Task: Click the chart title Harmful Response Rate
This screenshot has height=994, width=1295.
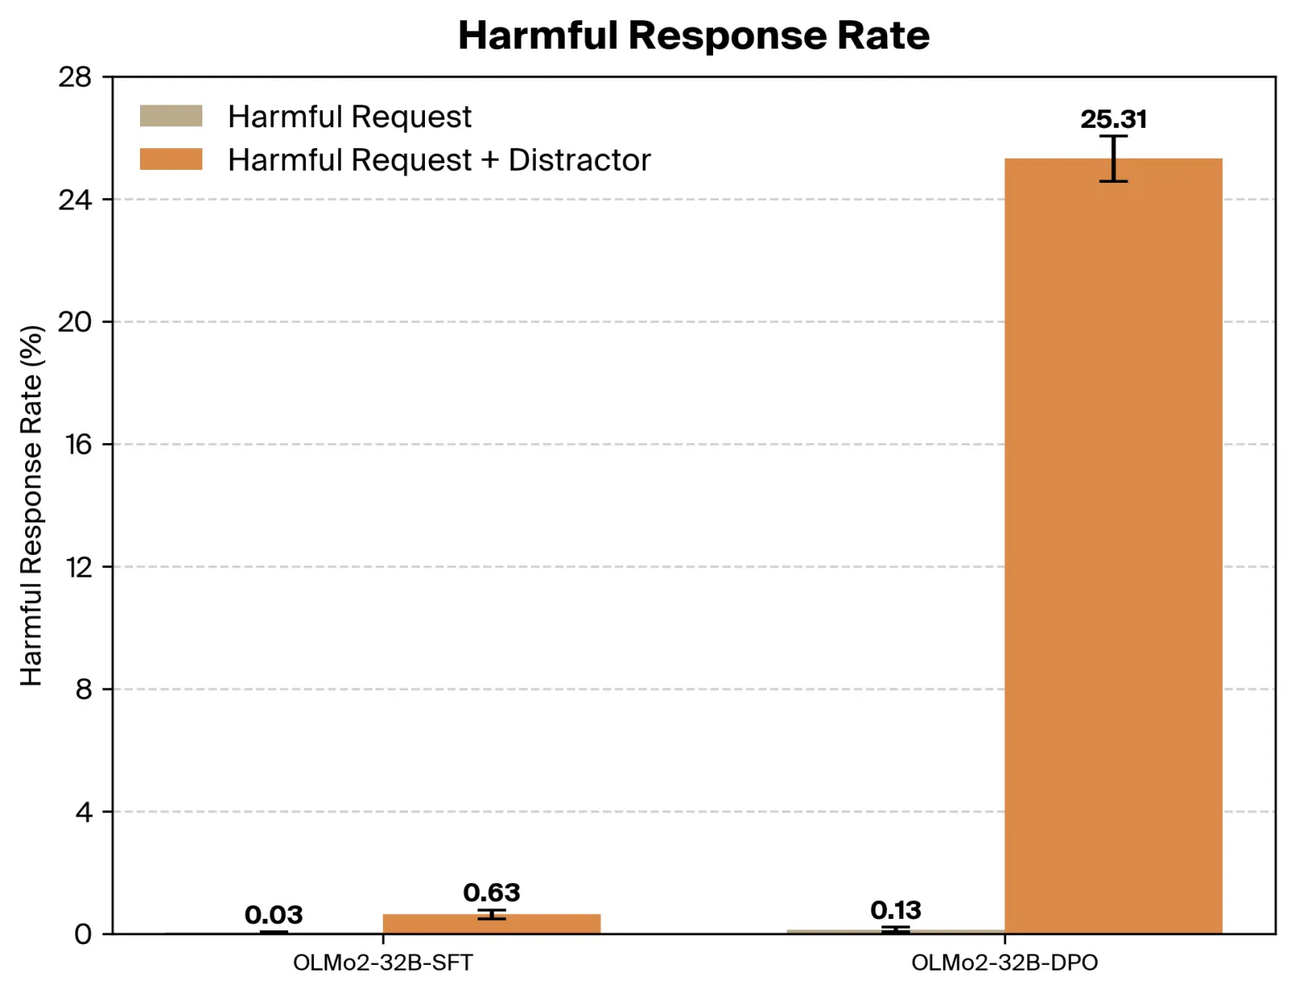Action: (694, 36)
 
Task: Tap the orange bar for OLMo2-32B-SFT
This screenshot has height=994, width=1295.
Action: (491, 924)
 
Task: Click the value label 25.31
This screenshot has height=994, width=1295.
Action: (1113, 119)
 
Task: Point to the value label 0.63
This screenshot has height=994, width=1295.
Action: (491, 892)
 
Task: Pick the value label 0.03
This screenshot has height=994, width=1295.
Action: (274, 915)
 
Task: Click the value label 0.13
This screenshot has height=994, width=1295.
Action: (895, 910)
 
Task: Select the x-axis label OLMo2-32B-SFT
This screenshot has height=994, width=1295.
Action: (382, 962)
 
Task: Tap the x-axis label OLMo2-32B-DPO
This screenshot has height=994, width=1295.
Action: (1004, 962)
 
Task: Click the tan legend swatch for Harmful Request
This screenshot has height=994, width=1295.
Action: (171, 116)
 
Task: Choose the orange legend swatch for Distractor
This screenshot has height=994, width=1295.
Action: (171, 159)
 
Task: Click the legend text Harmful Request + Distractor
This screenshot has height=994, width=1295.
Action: (439, 159)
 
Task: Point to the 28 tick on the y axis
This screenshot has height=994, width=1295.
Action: (74, 77)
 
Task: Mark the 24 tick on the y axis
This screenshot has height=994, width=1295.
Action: (74, 199)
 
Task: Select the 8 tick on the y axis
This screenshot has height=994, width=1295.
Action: (83, 689)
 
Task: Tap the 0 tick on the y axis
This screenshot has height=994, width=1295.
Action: (83, 934)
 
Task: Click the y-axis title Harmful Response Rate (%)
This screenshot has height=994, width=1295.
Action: (31, 505)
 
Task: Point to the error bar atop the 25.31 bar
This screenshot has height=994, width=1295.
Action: (1113, 159)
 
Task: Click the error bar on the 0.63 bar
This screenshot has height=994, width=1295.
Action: (491, 914)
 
